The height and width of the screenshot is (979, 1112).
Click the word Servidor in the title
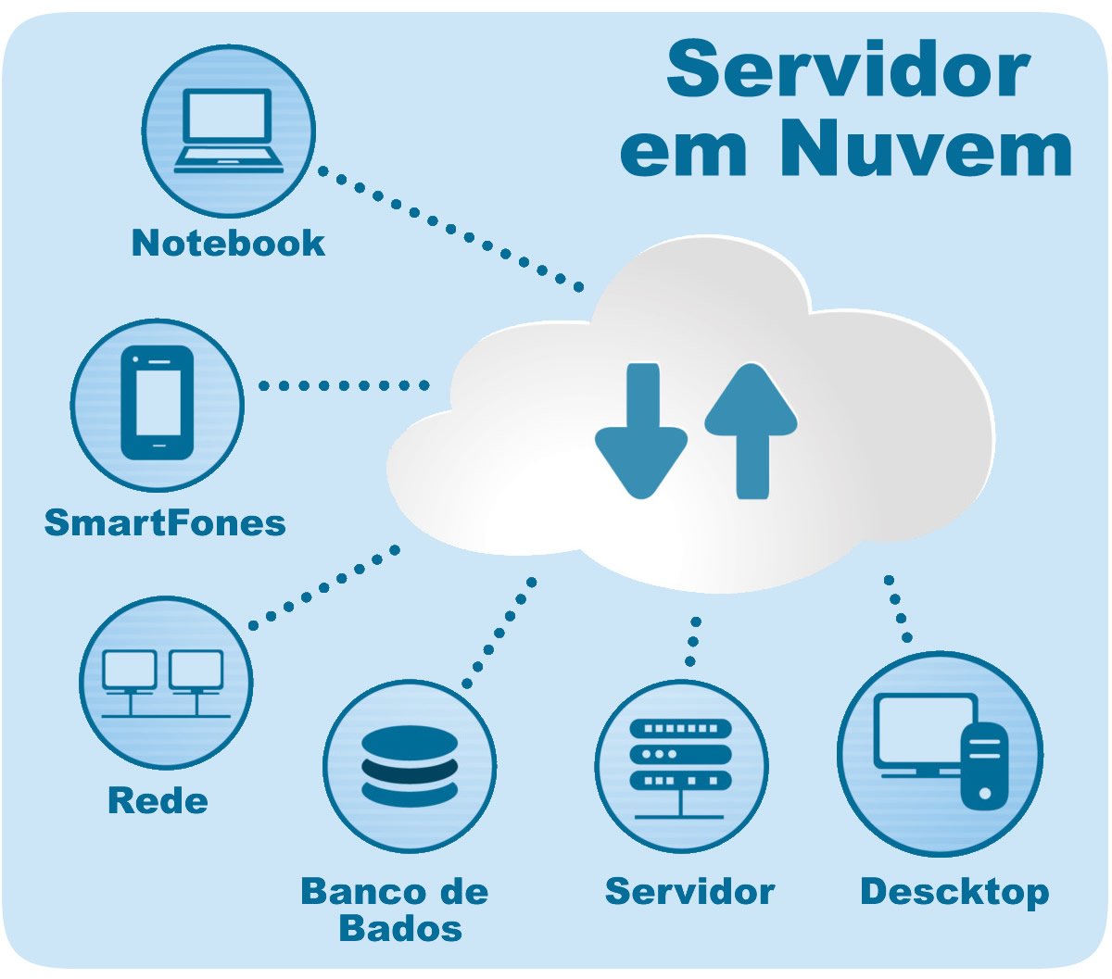(848, 70)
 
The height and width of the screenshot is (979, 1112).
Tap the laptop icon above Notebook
(229, 131)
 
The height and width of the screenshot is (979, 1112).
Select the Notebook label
(228, 243)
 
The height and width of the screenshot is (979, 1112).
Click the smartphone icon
(158, 403)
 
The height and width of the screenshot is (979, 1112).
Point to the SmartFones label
(165, 522)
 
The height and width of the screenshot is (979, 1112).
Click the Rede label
(158, 800)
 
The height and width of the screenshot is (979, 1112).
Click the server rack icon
(680, 767)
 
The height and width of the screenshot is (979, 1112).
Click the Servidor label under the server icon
(689, 891)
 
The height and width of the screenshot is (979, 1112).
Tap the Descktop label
(954, 891)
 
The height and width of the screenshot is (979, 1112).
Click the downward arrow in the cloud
(641, 432)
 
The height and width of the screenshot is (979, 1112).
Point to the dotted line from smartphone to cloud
(343, 385)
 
